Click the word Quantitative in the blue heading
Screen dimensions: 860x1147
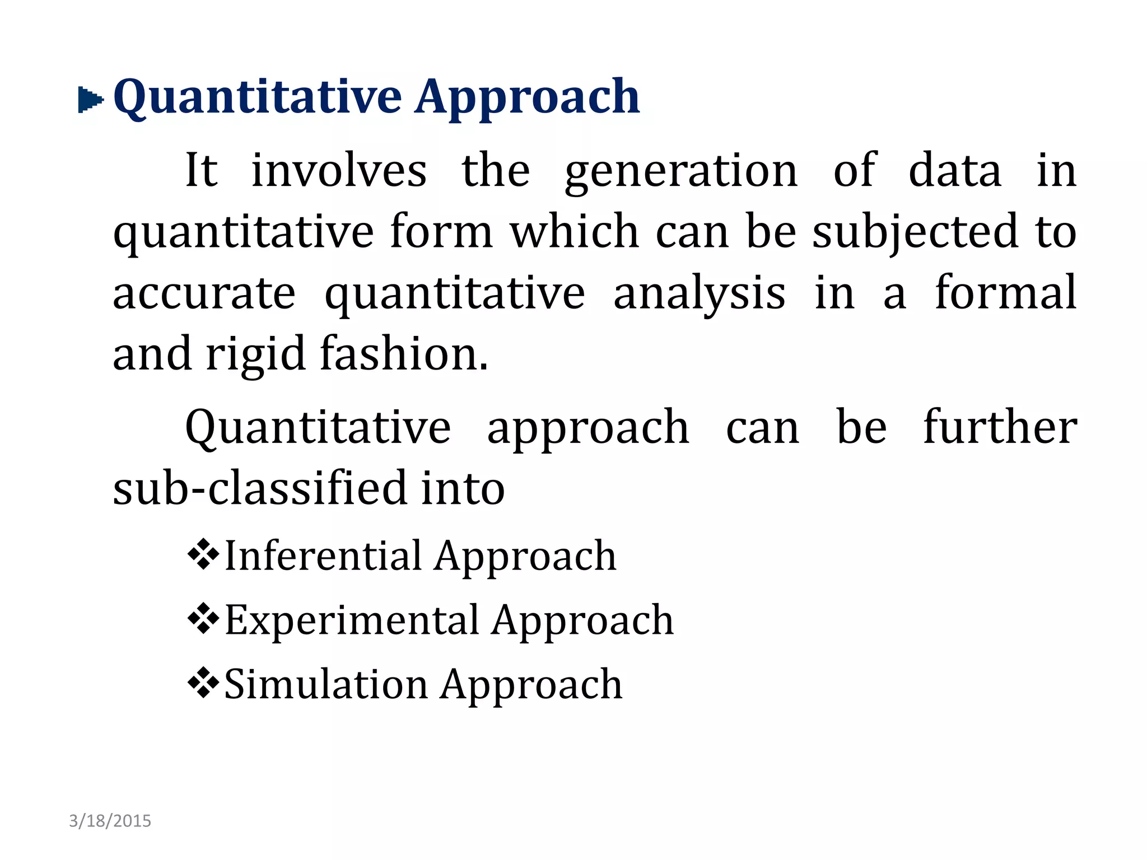click(x=257, y=98)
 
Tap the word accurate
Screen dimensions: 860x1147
click(x=204, y=293)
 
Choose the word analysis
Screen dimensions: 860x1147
click(x=699, y=295)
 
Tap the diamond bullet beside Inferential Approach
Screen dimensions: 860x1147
click(x=203, y=554)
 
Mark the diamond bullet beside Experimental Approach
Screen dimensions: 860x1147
click(x=203, y=619)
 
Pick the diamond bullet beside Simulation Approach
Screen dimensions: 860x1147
click(x=203, y=683)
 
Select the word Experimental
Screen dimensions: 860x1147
click(x=352, y=620)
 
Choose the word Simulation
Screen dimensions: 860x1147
click(x=326, y=684)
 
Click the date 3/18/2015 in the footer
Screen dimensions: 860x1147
click(x=110, y=821)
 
